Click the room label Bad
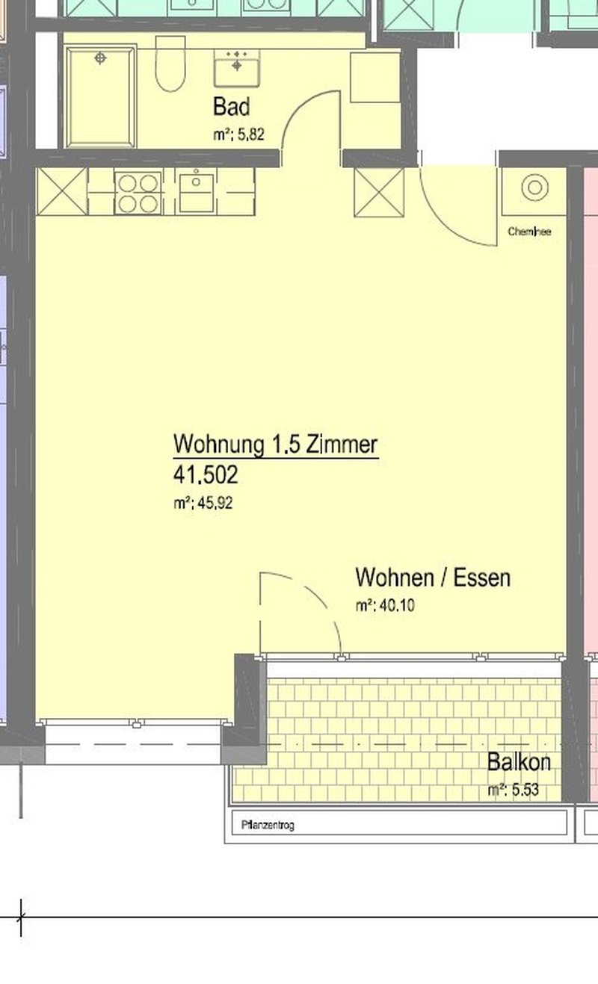(x=231, y=106)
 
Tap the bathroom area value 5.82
(x=239, y=136)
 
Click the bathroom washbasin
(x=236, y=67)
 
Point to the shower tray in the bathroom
(x=101, y=96)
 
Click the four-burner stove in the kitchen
(x=138, y=193)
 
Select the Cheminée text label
(x=529, y=232)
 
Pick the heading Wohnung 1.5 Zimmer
(x=276, y=445)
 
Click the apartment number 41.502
(x=206, y=474)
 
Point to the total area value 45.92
(x=203, y=503)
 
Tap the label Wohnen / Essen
(x=433, y=578)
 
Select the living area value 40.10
(x=385, y=606)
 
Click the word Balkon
(x=519, y=762)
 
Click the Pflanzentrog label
(x=268, y=826)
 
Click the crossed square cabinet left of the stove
(x=62, y=192)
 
